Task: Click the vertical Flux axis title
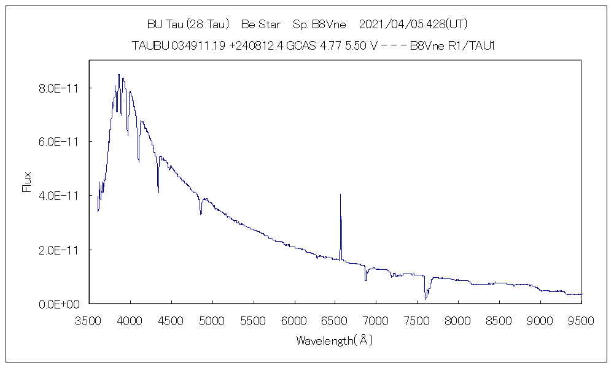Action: pos(26,183)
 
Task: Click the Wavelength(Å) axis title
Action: pos(335,340)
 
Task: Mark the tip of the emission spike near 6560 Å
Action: pos(340,194)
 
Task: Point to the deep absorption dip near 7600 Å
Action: pos(426,298)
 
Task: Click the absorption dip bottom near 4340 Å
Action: pos(158,192)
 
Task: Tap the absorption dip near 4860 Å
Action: pos(201,214)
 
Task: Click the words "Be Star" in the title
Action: pos(261,25)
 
